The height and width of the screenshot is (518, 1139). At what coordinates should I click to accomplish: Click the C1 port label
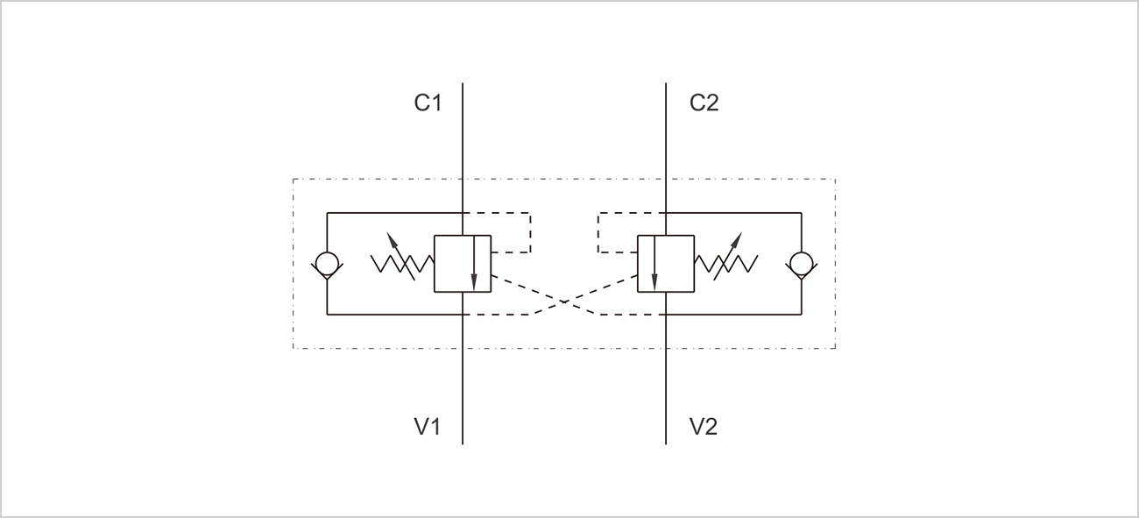428,103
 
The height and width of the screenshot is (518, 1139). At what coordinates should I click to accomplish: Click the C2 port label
704,103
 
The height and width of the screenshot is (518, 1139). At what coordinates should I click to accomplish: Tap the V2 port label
704,427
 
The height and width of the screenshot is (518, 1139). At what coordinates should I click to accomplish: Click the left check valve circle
326,263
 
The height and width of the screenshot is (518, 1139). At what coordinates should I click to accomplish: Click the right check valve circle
801,263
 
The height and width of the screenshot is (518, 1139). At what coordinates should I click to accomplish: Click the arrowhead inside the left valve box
474,282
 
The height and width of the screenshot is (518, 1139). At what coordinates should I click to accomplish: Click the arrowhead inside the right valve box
654,282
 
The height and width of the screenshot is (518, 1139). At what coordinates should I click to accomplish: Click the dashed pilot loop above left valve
530,231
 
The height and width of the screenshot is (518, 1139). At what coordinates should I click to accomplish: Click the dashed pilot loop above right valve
598,231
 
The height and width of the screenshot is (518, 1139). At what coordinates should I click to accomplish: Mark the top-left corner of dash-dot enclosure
294,180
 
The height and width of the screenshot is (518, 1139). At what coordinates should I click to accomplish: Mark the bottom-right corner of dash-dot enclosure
835,349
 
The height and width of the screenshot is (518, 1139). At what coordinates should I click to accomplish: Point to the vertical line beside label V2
666,412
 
